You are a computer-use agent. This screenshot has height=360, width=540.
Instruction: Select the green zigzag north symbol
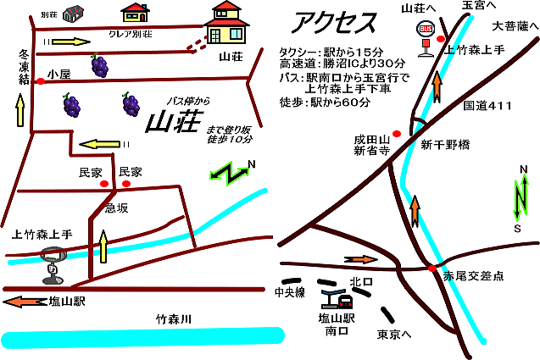pos(231,172)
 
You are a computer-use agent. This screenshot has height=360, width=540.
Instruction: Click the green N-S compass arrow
pos(518,201)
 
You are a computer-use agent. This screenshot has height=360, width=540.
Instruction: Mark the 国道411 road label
pos(488,106)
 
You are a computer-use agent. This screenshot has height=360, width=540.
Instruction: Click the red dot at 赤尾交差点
pos(431,269)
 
